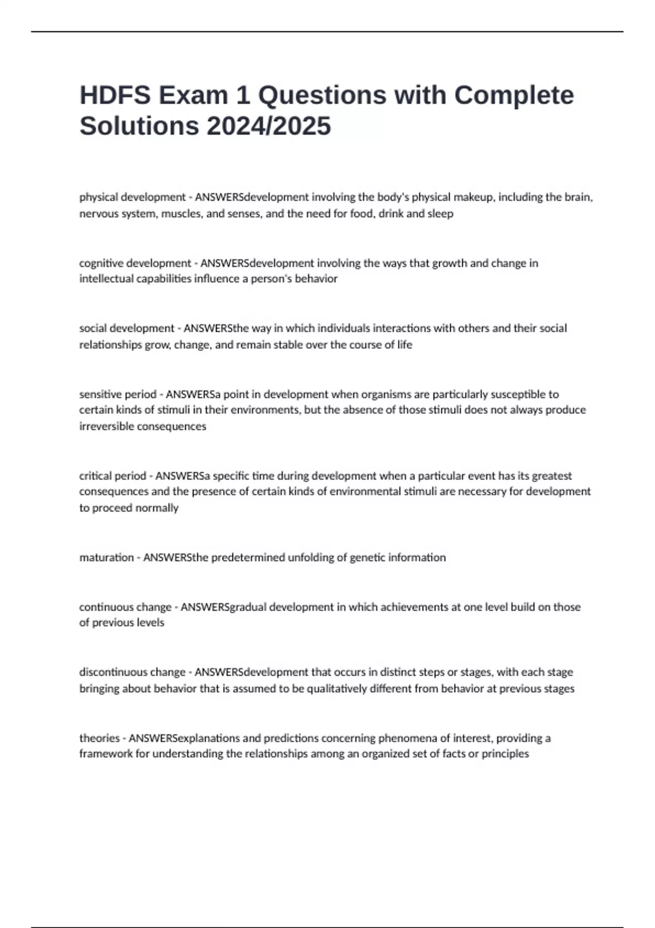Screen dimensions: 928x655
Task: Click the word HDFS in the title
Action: [115, 95]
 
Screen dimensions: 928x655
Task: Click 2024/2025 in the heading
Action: [269, 126]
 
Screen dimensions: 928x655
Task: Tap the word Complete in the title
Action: [514, 95]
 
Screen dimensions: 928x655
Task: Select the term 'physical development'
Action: [133, 197]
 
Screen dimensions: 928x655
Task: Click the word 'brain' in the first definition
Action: [577, 197]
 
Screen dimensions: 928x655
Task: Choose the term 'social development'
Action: [127, 329]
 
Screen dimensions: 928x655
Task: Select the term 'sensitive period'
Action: [118, 394]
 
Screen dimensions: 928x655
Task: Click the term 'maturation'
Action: [106, 557]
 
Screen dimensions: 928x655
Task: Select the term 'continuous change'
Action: [126, 607]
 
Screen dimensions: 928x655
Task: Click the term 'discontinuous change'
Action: [133, 672]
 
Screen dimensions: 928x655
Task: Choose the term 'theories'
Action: [99, 738]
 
